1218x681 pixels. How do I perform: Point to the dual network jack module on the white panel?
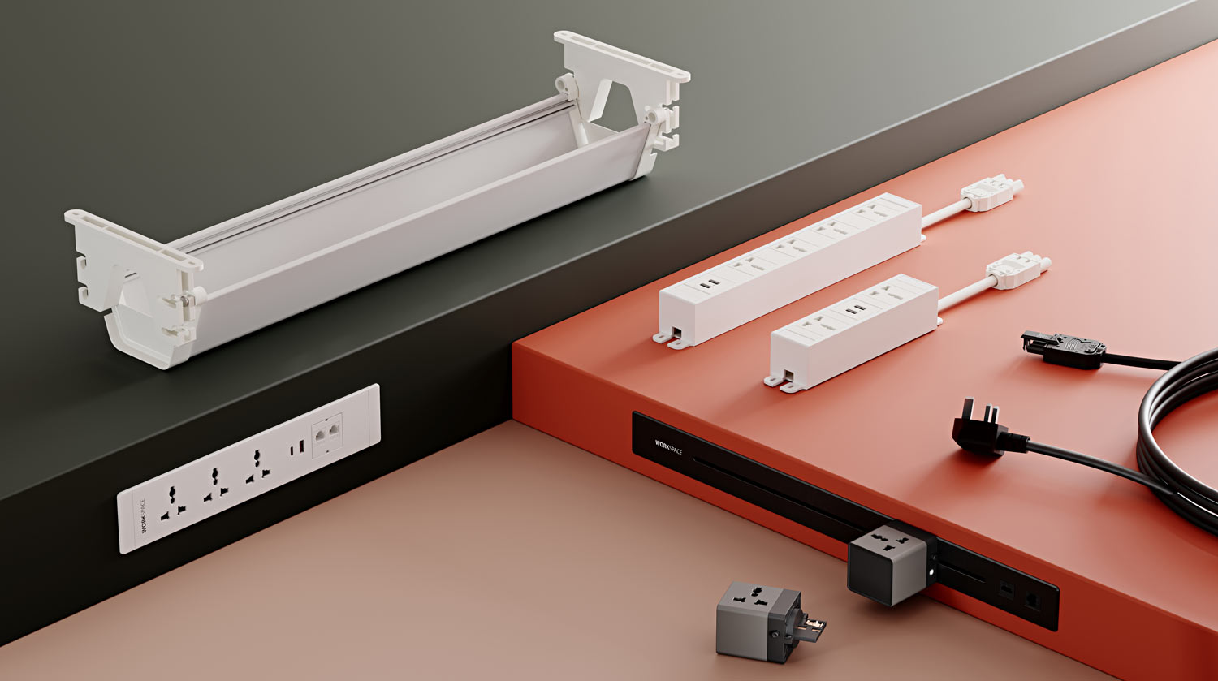[327, 436]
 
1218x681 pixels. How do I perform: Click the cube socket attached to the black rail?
[888, 562]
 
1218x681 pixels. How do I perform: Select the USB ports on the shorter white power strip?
[853, 309]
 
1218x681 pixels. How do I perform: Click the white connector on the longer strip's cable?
[991, 193]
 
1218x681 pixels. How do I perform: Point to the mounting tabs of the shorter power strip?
[781, 381]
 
